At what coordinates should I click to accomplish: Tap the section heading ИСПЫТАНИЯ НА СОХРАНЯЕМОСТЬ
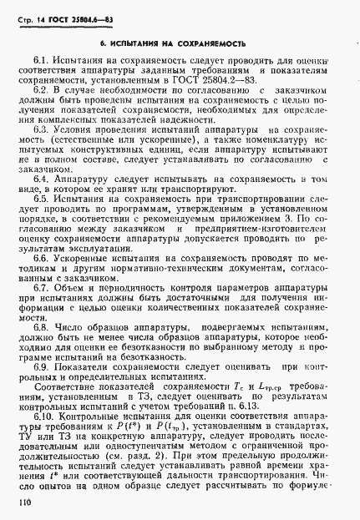(184, 40)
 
